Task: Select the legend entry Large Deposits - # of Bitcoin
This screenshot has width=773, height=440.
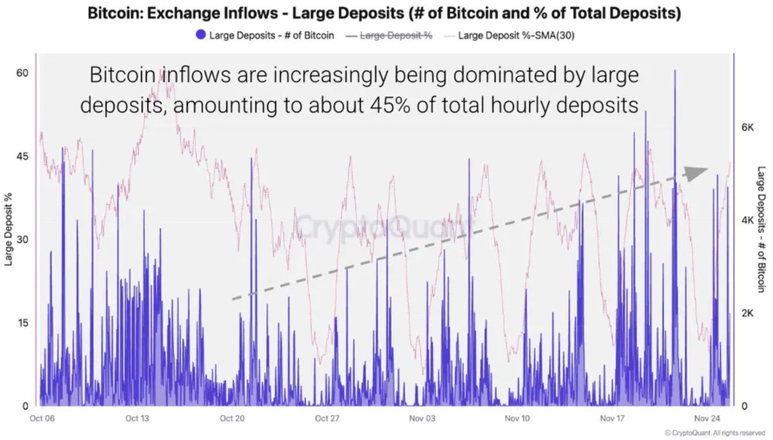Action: tap(271, 35)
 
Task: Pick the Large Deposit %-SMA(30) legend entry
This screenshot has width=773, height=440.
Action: tap(515, 35)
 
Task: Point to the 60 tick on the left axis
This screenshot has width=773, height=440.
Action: tap(22, 73)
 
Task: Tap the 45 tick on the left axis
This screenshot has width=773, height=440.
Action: tap(22, 156)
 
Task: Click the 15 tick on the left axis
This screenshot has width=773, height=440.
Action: tap(22, 323)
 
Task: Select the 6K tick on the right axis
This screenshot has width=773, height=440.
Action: tap(747, 128)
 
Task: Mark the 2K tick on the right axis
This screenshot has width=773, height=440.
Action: tap(747, 313)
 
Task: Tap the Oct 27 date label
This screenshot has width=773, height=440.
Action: tap(327, 419)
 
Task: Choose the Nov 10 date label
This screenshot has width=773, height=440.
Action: tap(517, 419)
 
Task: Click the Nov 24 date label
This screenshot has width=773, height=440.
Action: tap(707, 419)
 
